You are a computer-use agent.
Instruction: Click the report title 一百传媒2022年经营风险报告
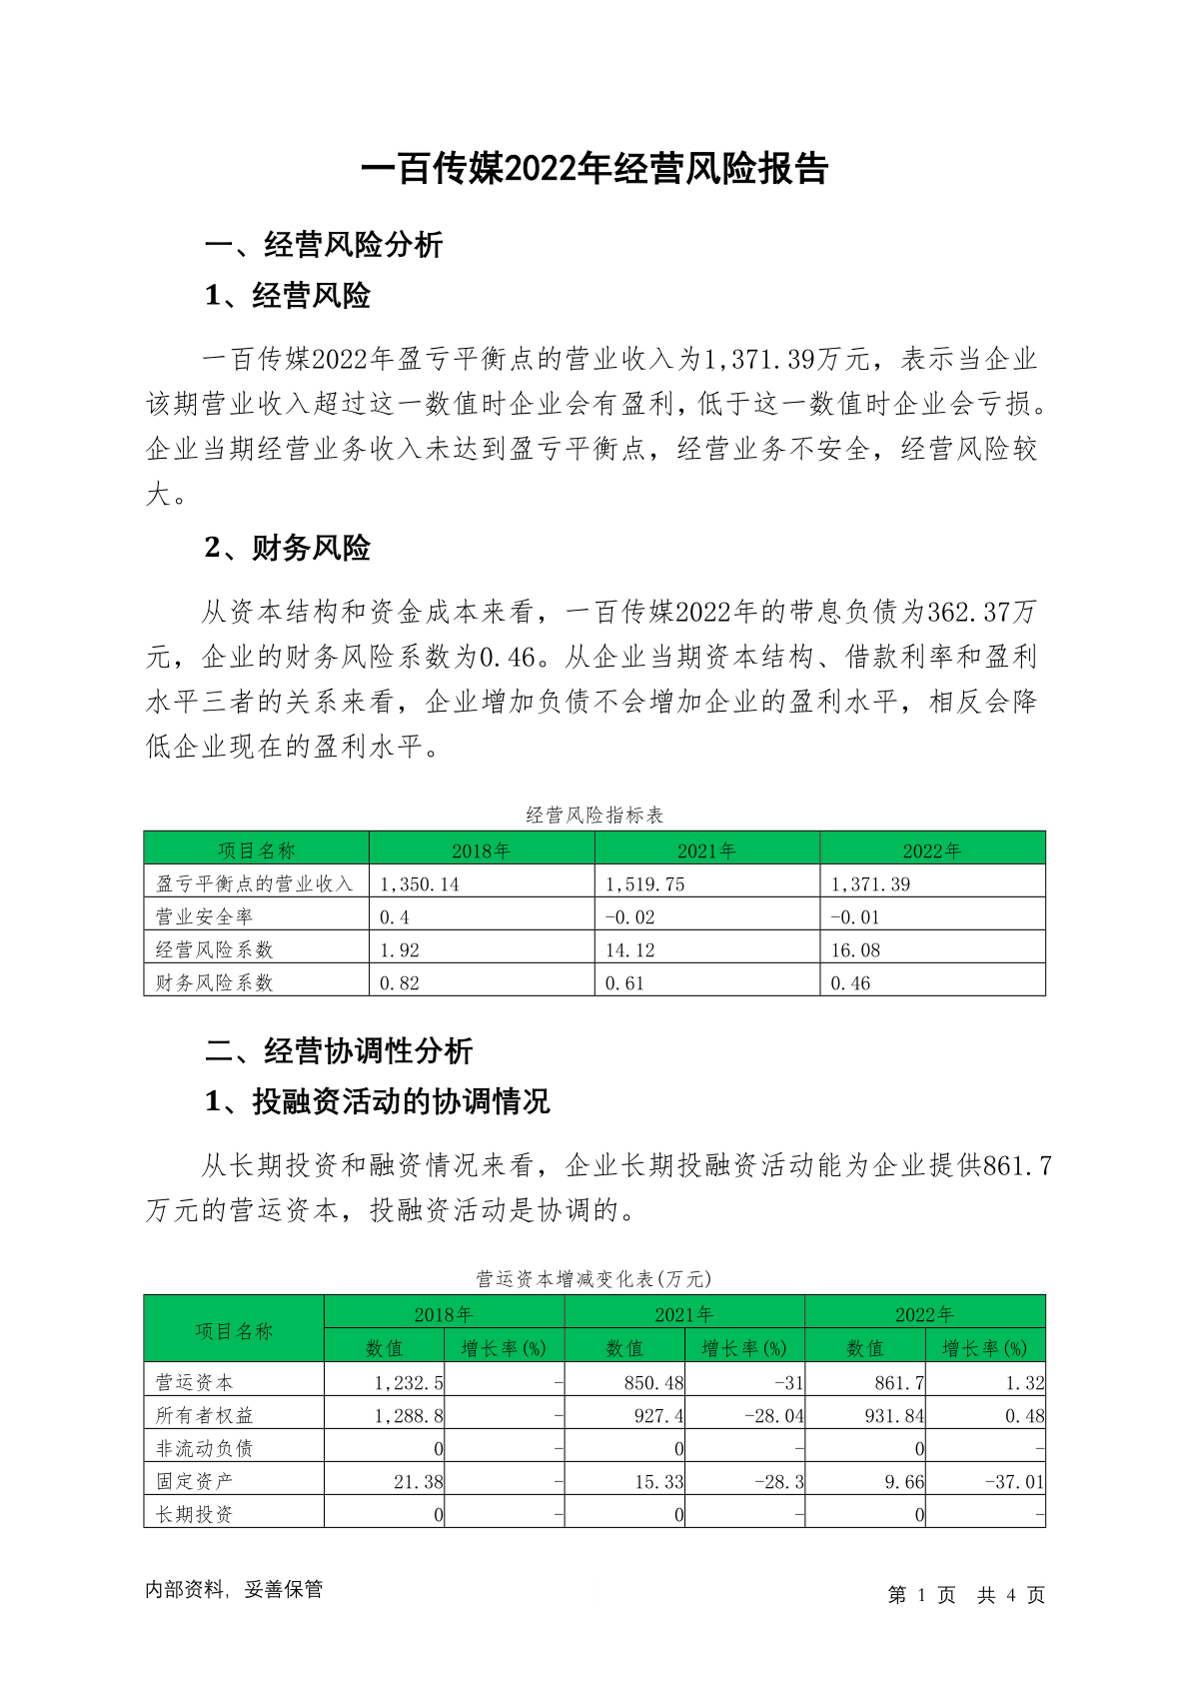pyautogui.click(x=595, y=169)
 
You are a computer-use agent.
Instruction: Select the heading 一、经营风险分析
pyautogui.click(x=324, y=245)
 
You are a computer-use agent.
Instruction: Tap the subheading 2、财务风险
pyautogui.click(x=288, y=548)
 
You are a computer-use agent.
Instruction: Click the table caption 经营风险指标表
pyautogui.click(x=595, y=816)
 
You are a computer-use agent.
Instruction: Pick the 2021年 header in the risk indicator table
pyautogui.click(x=706, y=850)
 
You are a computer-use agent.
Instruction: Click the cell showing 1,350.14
pyautogui.click(x=420, y=884)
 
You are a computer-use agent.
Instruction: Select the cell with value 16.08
pyautogui.click(x=855, y=950)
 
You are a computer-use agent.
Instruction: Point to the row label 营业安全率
pyautogui.click(x=205, y=917)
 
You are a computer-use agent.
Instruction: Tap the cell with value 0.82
pyautogui.click(x=400, y=983)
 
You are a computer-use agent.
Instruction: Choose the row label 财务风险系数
pyautogui.click(x=214, y=983)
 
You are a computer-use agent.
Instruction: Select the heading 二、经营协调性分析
pyautogui.click(x=339, y=1051)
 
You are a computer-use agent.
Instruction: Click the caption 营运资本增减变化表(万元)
pyautogui.click(x=595, y=1279)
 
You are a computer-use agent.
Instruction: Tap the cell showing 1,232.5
pyautogui.click(x=409, y=1383)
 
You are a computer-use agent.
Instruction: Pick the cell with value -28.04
pyautogui.click(x=773, y=1416)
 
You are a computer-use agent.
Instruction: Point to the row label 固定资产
pyautogui.click(x=194, y=1482)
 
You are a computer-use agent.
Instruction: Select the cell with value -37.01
pyautogui.click(x=1014, y=1482)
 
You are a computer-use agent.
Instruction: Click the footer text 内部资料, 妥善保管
pyautogui.click(x=234, y=1590)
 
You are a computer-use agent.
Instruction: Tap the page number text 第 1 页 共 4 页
pyautogui.click(x=965, y=1595)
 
